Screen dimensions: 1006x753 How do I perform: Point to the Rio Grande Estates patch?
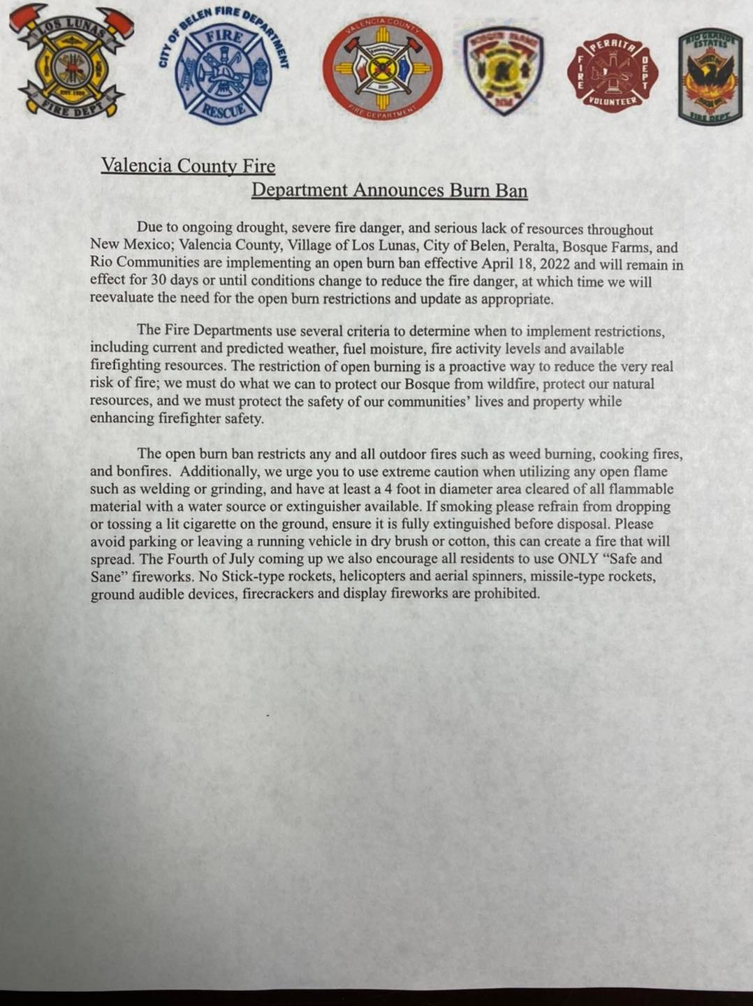(710, 78)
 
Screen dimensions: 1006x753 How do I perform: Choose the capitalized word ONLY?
(577, 559)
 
